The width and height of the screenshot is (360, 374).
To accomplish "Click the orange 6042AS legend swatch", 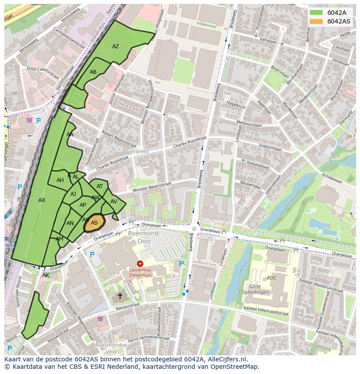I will [x=316, y=21].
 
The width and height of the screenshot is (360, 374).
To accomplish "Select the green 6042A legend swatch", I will [x=316, y=13].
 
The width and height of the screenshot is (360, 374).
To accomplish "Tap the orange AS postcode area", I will [x=94, y=223].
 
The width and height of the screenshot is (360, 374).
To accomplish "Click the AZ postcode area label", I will [x=116, y=46].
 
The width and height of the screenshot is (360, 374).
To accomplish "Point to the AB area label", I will [x=93, y=72].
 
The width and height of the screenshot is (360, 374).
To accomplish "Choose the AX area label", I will [x=42, y=200].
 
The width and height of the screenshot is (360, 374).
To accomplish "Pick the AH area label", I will [x=60, y=180].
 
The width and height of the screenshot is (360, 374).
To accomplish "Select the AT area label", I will [x=100, y=186].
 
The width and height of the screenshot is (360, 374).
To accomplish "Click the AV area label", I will [x=114, y=202].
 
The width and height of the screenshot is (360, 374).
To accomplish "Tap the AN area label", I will [x=70, y=223].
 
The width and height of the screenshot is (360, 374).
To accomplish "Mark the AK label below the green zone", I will [x=46, y=275].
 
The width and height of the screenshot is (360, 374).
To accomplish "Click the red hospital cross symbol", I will [x=140, y=264].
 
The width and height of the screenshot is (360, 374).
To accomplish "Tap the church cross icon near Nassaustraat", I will [x=120, y=296].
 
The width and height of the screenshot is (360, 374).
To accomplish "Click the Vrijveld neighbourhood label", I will [x=139, y=151].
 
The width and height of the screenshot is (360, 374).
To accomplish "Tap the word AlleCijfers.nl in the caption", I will [x=226, y=359].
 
